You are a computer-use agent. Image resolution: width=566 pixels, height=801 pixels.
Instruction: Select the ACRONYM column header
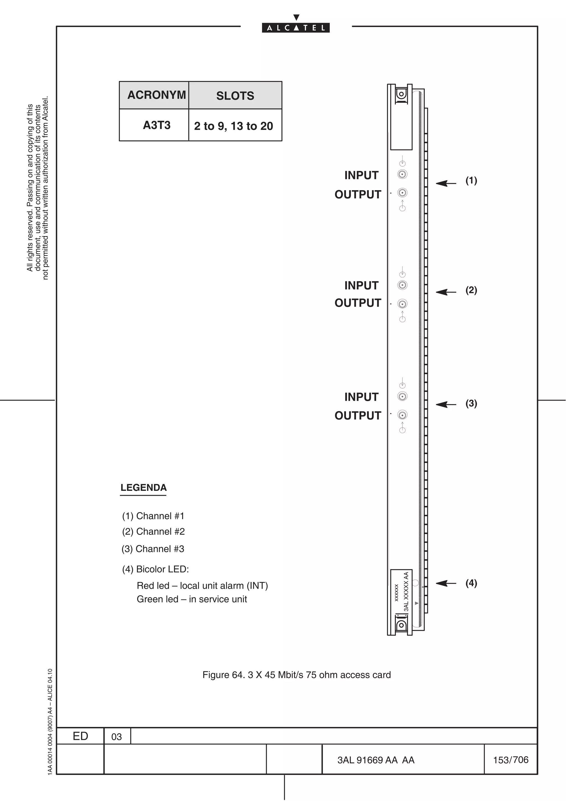tap(157, 95)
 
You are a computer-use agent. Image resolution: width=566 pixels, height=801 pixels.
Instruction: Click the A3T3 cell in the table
tap(157, 125)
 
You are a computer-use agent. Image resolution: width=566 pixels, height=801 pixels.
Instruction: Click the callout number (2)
tap(471, 290)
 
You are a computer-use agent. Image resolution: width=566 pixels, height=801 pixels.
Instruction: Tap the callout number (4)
tap(471, 583)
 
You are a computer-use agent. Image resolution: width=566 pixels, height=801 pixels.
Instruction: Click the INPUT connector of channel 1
tap(402, 174)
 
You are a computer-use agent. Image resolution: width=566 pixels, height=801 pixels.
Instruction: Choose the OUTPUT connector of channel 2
tap(402, 303)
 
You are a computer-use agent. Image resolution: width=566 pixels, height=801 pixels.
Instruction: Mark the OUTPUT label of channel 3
tap(358, 415)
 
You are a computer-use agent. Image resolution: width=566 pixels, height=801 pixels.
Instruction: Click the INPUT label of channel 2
tap(361, 285)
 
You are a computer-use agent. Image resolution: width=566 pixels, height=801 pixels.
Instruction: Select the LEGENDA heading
tap(143, 488)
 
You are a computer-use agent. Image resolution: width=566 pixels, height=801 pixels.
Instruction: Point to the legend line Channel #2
tap(153, 531)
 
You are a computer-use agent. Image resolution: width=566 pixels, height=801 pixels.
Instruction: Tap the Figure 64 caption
tap(297, 675)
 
